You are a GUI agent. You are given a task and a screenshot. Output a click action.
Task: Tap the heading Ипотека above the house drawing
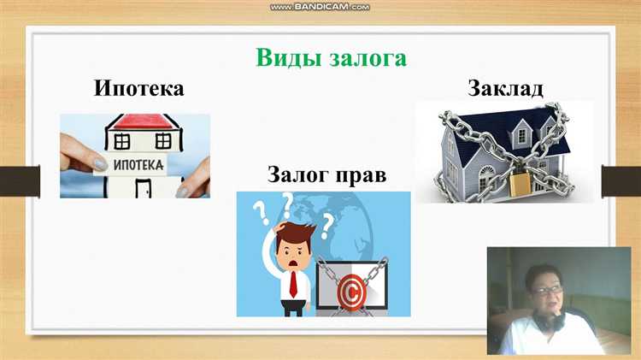click(139, 88)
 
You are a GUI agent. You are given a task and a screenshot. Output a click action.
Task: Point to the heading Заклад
click(505, 87)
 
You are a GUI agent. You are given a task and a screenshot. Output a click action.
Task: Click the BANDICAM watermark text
click(320, 7)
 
